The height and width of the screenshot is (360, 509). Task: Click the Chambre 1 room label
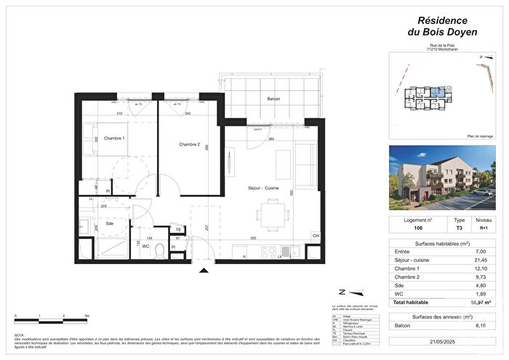point(114,138)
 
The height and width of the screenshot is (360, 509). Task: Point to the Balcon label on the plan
point(273,99)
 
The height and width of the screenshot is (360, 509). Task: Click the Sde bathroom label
point(110,224)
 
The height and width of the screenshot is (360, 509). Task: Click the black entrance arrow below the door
point(204,271)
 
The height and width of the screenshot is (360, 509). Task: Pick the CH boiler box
point(315,236)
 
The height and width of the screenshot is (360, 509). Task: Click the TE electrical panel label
point(177,230)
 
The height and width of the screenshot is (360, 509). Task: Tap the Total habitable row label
point(412,302)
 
